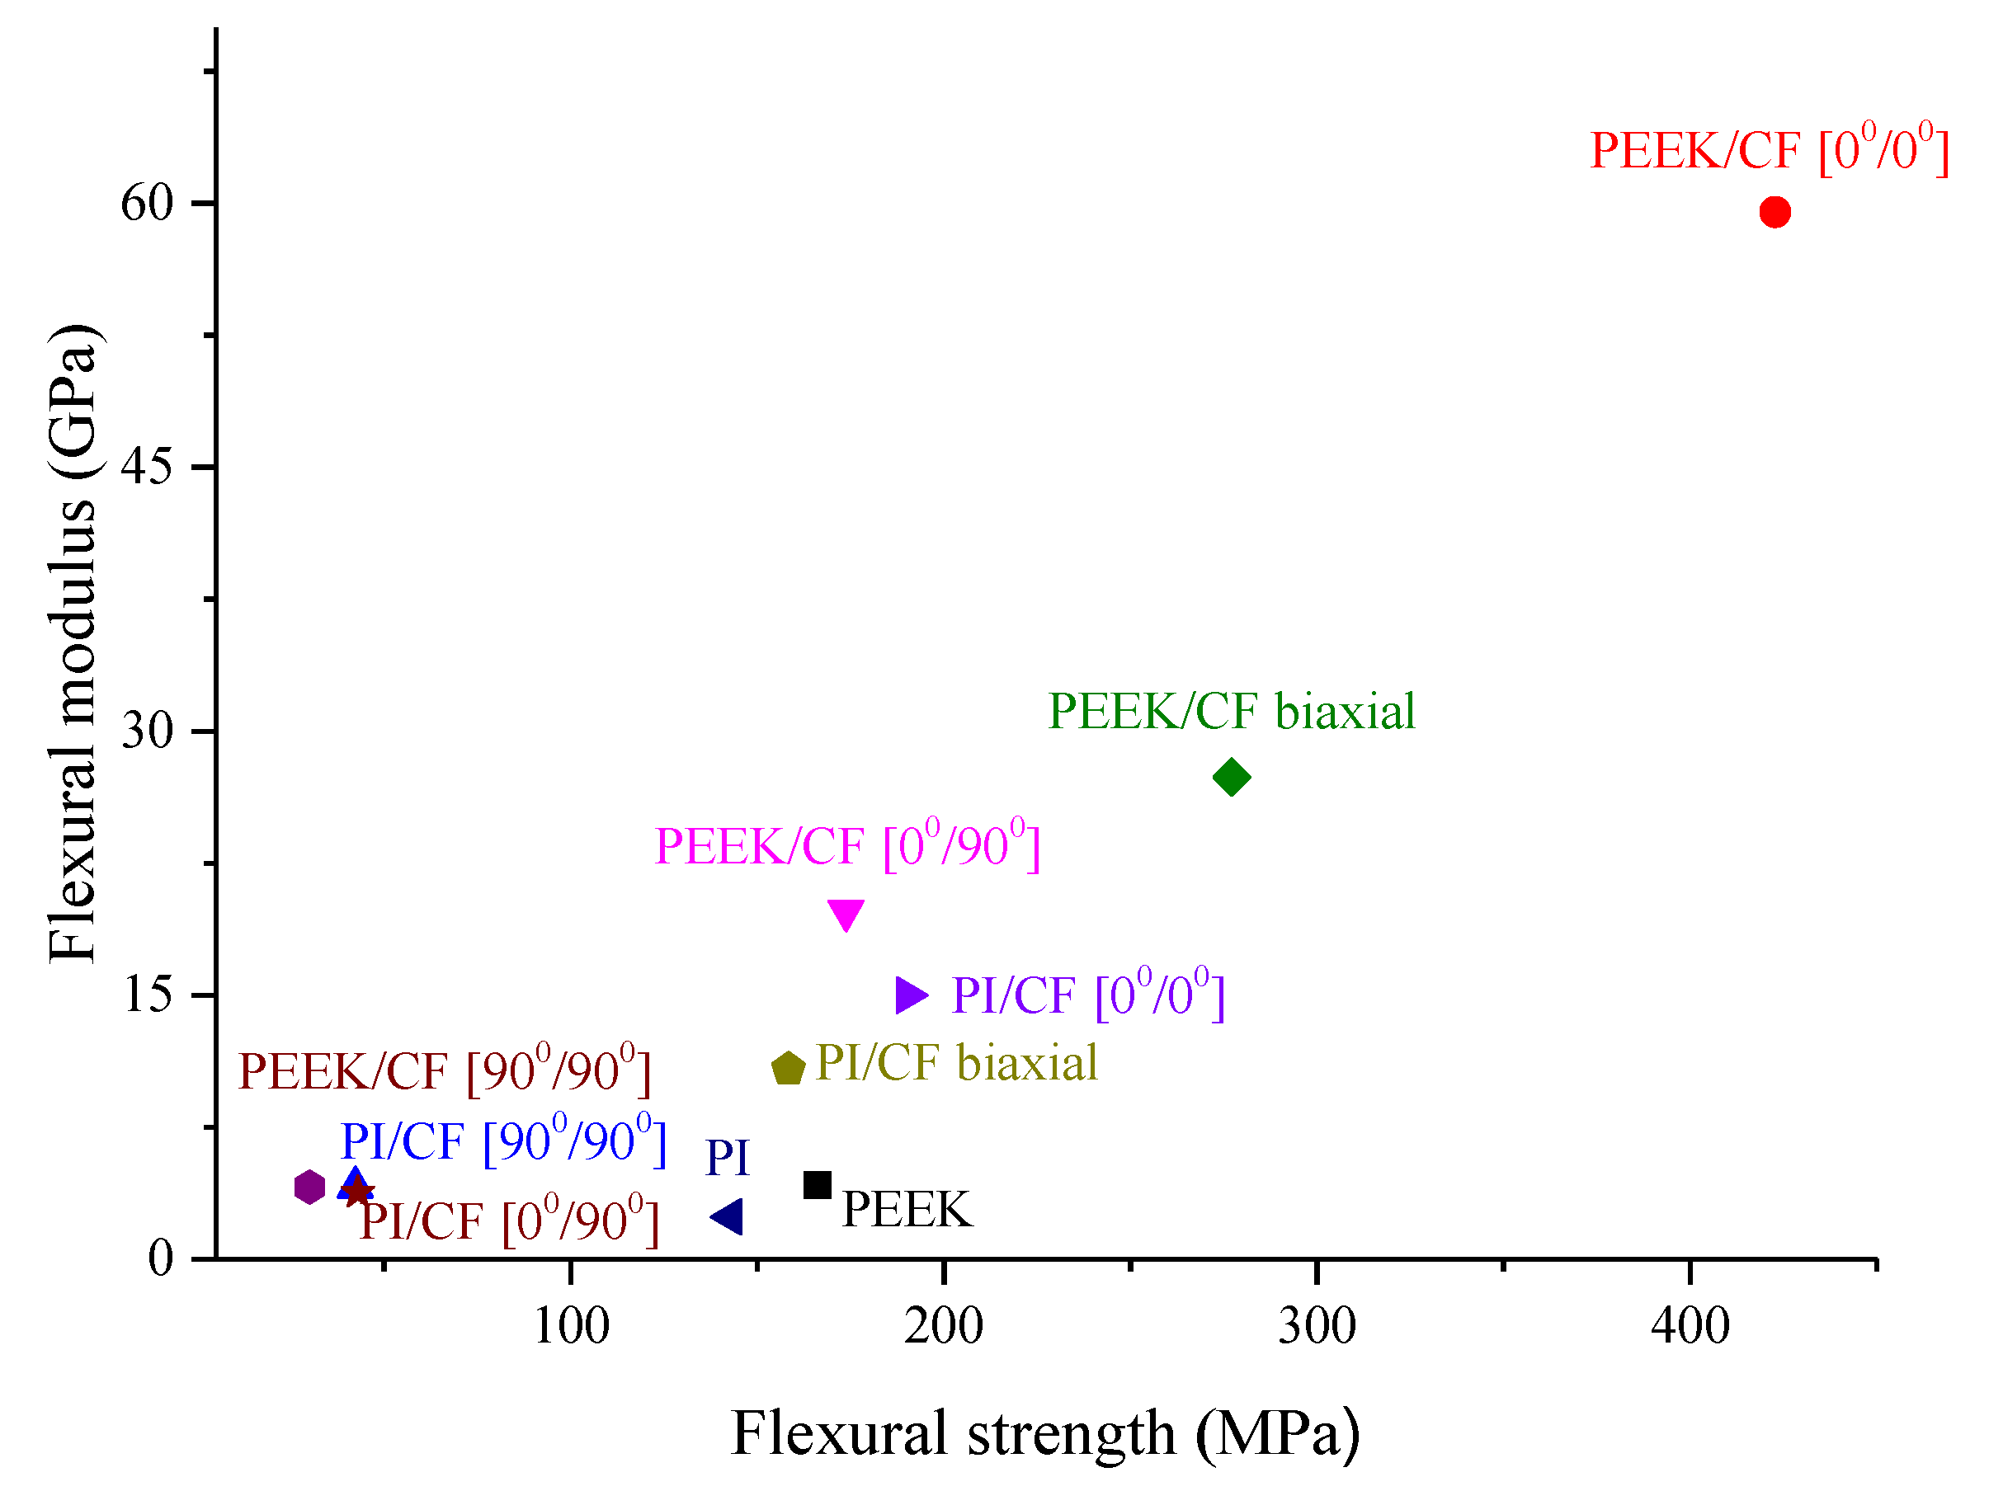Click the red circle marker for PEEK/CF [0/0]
pyautogui.click(x=1774, y=212)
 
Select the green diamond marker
pyautogui.click(x=1231, y=777)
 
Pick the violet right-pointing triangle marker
pyautogui.click(x=909, y=995)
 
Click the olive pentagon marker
pyautogui.click(x=788, y=1069)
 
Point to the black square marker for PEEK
pyautogui.click(x=817, y=1184)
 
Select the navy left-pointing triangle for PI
pyautogui.click(x=728, y=1217)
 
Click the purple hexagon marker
pyautogui.click(x=309, y=1188)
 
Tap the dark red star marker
pyautogui.click(x=359, y=1192)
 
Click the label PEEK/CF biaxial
pyautogui.click(x=1231, y=712)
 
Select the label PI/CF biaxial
pyautogui.click(x=956, y=1062)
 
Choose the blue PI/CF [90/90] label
pyautogui.click(x=502, y=1141)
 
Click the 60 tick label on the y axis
pyautogui.click(x=147, y=203)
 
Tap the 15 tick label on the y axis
pyautogui.click(x=147, y=995)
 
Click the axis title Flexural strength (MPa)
pyautogui.click(x=1045, y=1432)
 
